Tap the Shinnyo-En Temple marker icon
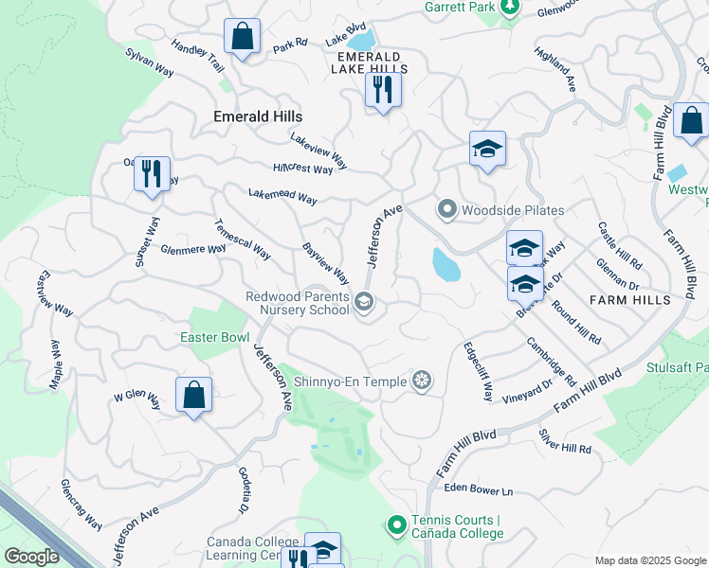pos(422,381)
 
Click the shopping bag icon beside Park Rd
pos(243,37)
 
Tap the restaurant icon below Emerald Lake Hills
pos(383,90)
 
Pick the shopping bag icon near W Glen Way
pos(193,394)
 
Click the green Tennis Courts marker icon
pos(397,524)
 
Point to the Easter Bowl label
pos(215,337)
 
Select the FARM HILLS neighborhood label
pos(629,300)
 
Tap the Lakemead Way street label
pos(282,197)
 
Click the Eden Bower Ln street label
pos(479,490)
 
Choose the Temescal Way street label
pos(242,241)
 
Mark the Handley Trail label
pos(197,58)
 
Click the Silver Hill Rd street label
pos(565,441)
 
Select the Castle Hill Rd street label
pos(619,244)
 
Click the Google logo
pos(31,557)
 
